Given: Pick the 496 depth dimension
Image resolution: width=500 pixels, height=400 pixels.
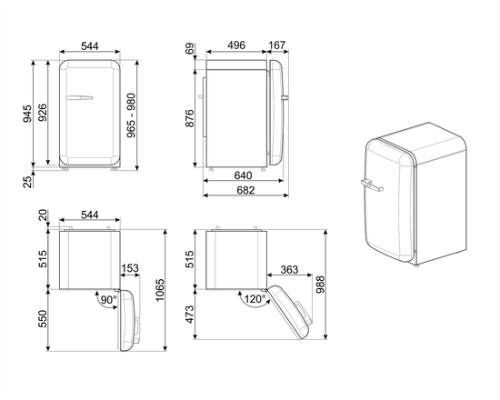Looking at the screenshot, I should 235,45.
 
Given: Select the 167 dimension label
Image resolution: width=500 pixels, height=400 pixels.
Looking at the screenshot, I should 278,45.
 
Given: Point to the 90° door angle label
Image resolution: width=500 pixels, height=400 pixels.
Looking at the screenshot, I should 108,299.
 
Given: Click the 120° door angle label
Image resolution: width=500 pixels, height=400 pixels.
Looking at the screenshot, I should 255,299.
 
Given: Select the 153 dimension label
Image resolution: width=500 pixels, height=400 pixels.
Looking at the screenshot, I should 130,268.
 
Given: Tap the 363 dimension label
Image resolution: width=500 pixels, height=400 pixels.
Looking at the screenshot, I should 290,270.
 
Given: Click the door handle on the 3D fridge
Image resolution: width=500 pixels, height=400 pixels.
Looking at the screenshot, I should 373,185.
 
